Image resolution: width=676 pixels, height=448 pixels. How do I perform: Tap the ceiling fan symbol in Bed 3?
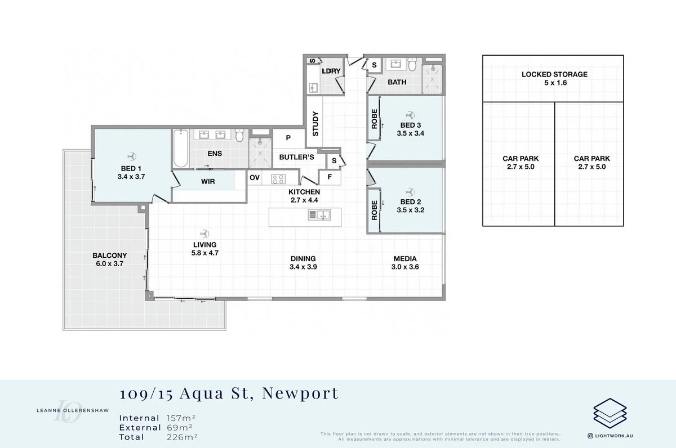(411, 113)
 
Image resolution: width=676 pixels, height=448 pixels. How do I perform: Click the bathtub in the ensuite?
(180, 148)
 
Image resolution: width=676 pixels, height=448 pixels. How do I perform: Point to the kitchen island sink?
(319, 214)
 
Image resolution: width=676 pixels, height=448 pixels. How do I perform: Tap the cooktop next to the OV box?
(278, 179)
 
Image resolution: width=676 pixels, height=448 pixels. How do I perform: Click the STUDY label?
(315, 124)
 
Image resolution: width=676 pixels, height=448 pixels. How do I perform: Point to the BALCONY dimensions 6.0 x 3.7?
(109, 264)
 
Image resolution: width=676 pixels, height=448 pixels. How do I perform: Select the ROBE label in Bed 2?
(373, 210)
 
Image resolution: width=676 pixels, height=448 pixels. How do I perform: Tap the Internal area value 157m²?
(180, 418)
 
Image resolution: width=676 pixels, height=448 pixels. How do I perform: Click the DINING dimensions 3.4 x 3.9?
(303, 267)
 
